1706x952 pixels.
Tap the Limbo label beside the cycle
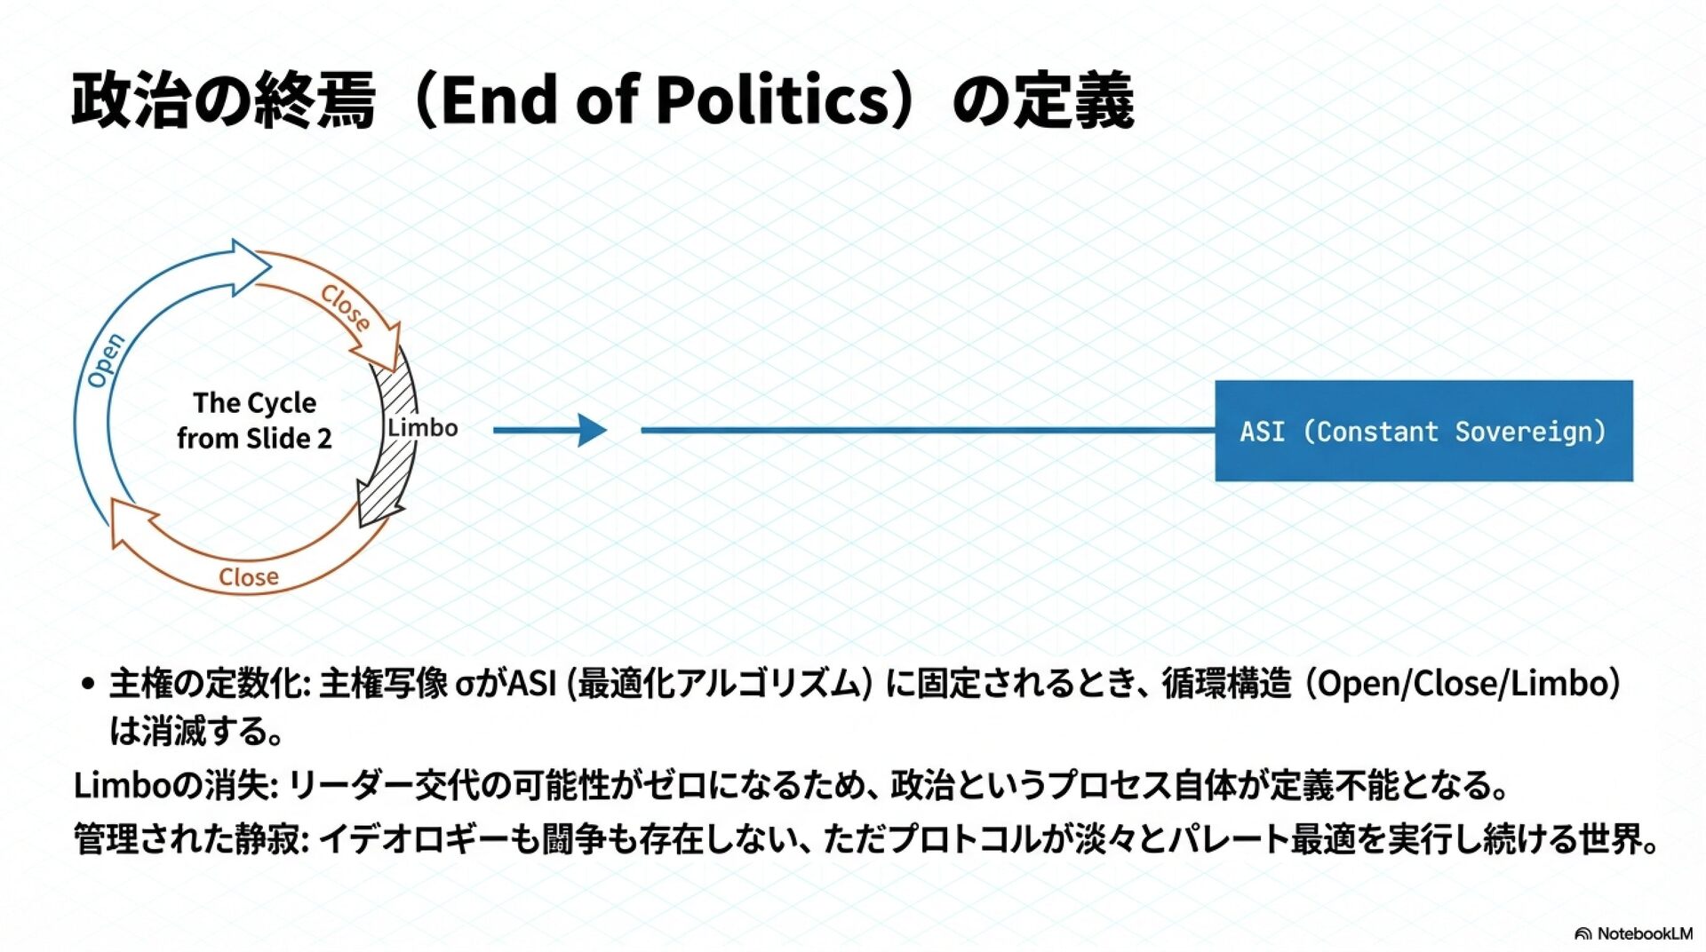click(x=423, y=428)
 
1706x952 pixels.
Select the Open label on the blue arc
click(x=106, y=361)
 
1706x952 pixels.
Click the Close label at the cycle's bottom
click(x=249, y=577)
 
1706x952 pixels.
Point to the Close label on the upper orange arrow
click(x=345, y=307)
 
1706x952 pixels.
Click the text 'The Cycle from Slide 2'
click(x=254, y=420)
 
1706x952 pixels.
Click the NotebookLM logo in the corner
click(x=1633, y=933)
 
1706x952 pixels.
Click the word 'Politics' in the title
click(x=773, y=99)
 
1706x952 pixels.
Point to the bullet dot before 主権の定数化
click(x=87, y=684)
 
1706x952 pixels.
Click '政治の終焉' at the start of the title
click(x=223, y=99)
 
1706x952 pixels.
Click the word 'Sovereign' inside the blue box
click(x=1530, y=432)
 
